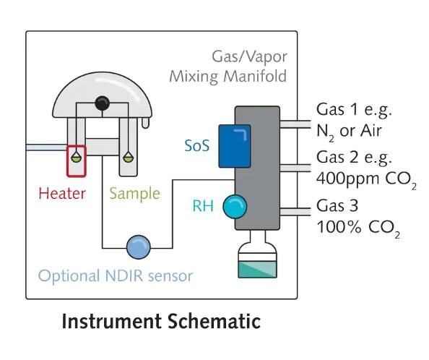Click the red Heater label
click(x=61, y=193)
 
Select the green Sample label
click(x=134, y=194)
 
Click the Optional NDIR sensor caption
click(x=116, y=276)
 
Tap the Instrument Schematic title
click(x=161, y=322)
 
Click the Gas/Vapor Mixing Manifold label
click(x=228, y=66)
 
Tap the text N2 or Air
click(x=354, y=131)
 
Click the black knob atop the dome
click(x=103, y=103)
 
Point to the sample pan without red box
click(x=127, y=155)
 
